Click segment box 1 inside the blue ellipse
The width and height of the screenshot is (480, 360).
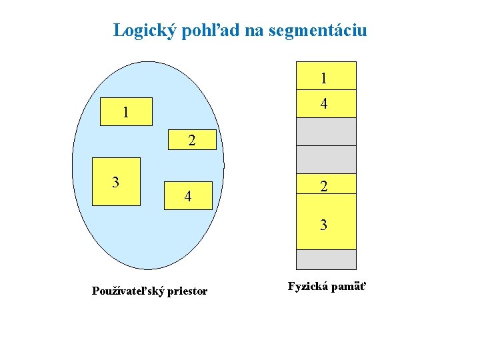pos(126,112)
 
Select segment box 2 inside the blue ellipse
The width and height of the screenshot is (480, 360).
pos(192,140)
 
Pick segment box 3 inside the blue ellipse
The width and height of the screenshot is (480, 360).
pos(116,181)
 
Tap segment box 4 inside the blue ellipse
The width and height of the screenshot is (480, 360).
pos(189,195)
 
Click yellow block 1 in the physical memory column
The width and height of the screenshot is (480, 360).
pos(325,76)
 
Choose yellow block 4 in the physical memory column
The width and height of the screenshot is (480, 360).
pos(325,103)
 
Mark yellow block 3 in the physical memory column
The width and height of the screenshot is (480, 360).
pos(325,223)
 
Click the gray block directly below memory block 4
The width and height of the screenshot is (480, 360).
pos(325,131)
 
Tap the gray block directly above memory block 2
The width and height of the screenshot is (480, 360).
pos(325,159)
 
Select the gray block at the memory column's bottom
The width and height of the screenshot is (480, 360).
pos(325,259)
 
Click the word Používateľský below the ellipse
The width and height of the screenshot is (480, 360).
pos(127,291)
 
